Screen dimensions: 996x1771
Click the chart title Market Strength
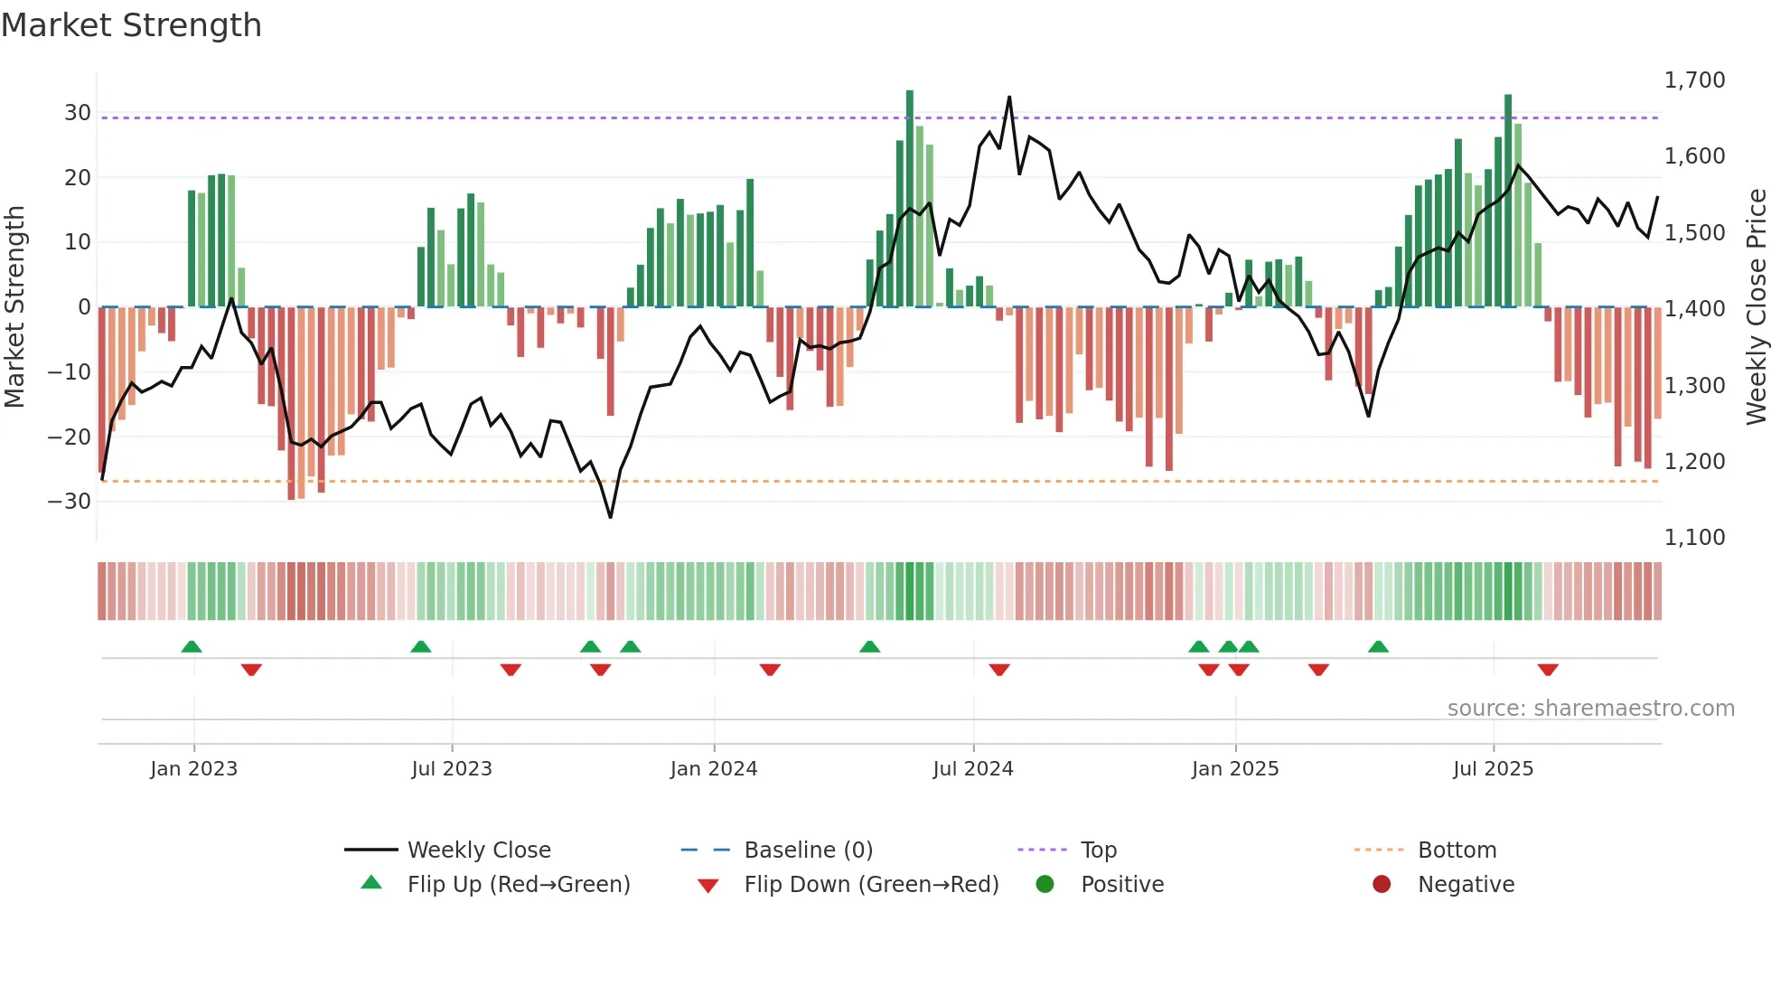131,25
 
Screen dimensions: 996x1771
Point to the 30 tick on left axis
78,113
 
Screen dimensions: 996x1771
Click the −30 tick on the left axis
70,502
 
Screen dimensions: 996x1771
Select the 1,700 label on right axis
1694,80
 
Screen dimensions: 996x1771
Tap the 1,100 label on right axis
1694,538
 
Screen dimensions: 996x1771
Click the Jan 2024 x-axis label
713,769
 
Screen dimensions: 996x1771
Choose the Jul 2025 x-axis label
1493,769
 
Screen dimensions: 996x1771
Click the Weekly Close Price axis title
1756,307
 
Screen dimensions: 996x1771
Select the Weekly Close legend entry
478,850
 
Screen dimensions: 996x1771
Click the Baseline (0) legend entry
808,850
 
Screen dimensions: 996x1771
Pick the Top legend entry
1098,850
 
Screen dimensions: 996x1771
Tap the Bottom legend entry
1457,850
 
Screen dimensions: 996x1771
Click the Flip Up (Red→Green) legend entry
518,885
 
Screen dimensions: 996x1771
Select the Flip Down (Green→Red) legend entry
870,885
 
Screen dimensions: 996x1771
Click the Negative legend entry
1465,885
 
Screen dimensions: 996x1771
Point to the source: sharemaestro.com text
1590,709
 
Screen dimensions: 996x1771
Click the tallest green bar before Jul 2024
910,199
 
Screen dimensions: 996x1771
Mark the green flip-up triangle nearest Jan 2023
192,647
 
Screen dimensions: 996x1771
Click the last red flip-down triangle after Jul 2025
1548,670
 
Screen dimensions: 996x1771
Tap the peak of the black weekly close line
1009,98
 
